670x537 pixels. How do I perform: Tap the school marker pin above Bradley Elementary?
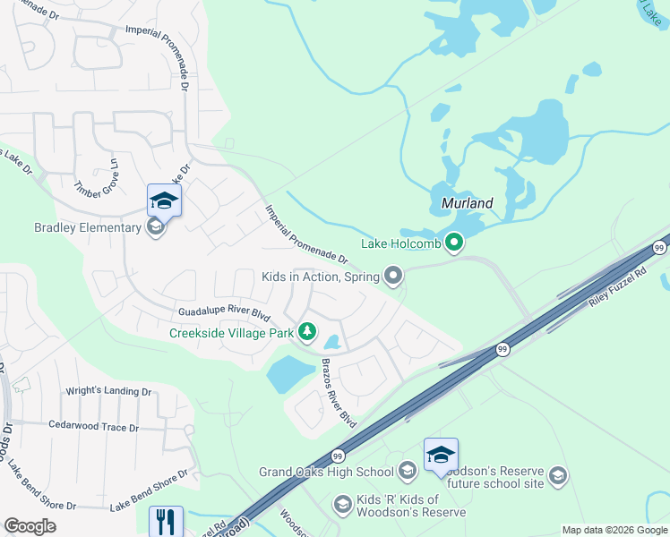click(x=164, y=200)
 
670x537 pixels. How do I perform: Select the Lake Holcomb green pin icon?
click(x=455, y=243)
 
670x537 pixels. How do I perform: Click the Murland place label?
click(x=468, y=203)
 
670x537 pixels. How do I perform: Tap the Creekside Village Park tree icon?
click(x=307, y=333)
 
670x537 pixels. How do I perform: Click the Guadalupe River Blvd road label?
click(x=223, y=313)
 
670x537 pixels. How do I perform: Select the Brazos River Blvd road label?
click(x=339, y=393)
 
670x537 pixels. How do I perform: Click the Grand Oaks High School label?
click(x=326, y=472)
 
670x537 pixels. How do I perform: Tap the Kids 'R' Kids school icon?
click(x=341, y=506)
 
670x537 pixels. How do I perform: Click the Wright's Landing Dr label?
click(x=109, y=392)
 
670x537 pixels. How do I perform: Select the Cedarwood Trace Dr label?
click(x=93, y=427)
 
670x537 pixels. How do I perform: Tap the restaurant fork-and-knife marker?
click(x=165, y=521)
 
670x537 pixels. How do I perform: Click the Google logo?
click(x=30, y=526)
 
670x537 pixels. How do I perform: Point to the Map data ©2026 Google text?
click(x=614, y=530)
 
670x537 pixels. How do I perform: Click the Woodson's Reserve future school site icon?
click(x=559, y=474)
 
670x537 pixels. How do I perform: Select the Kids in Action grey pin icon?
click(x=392, y=276)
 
